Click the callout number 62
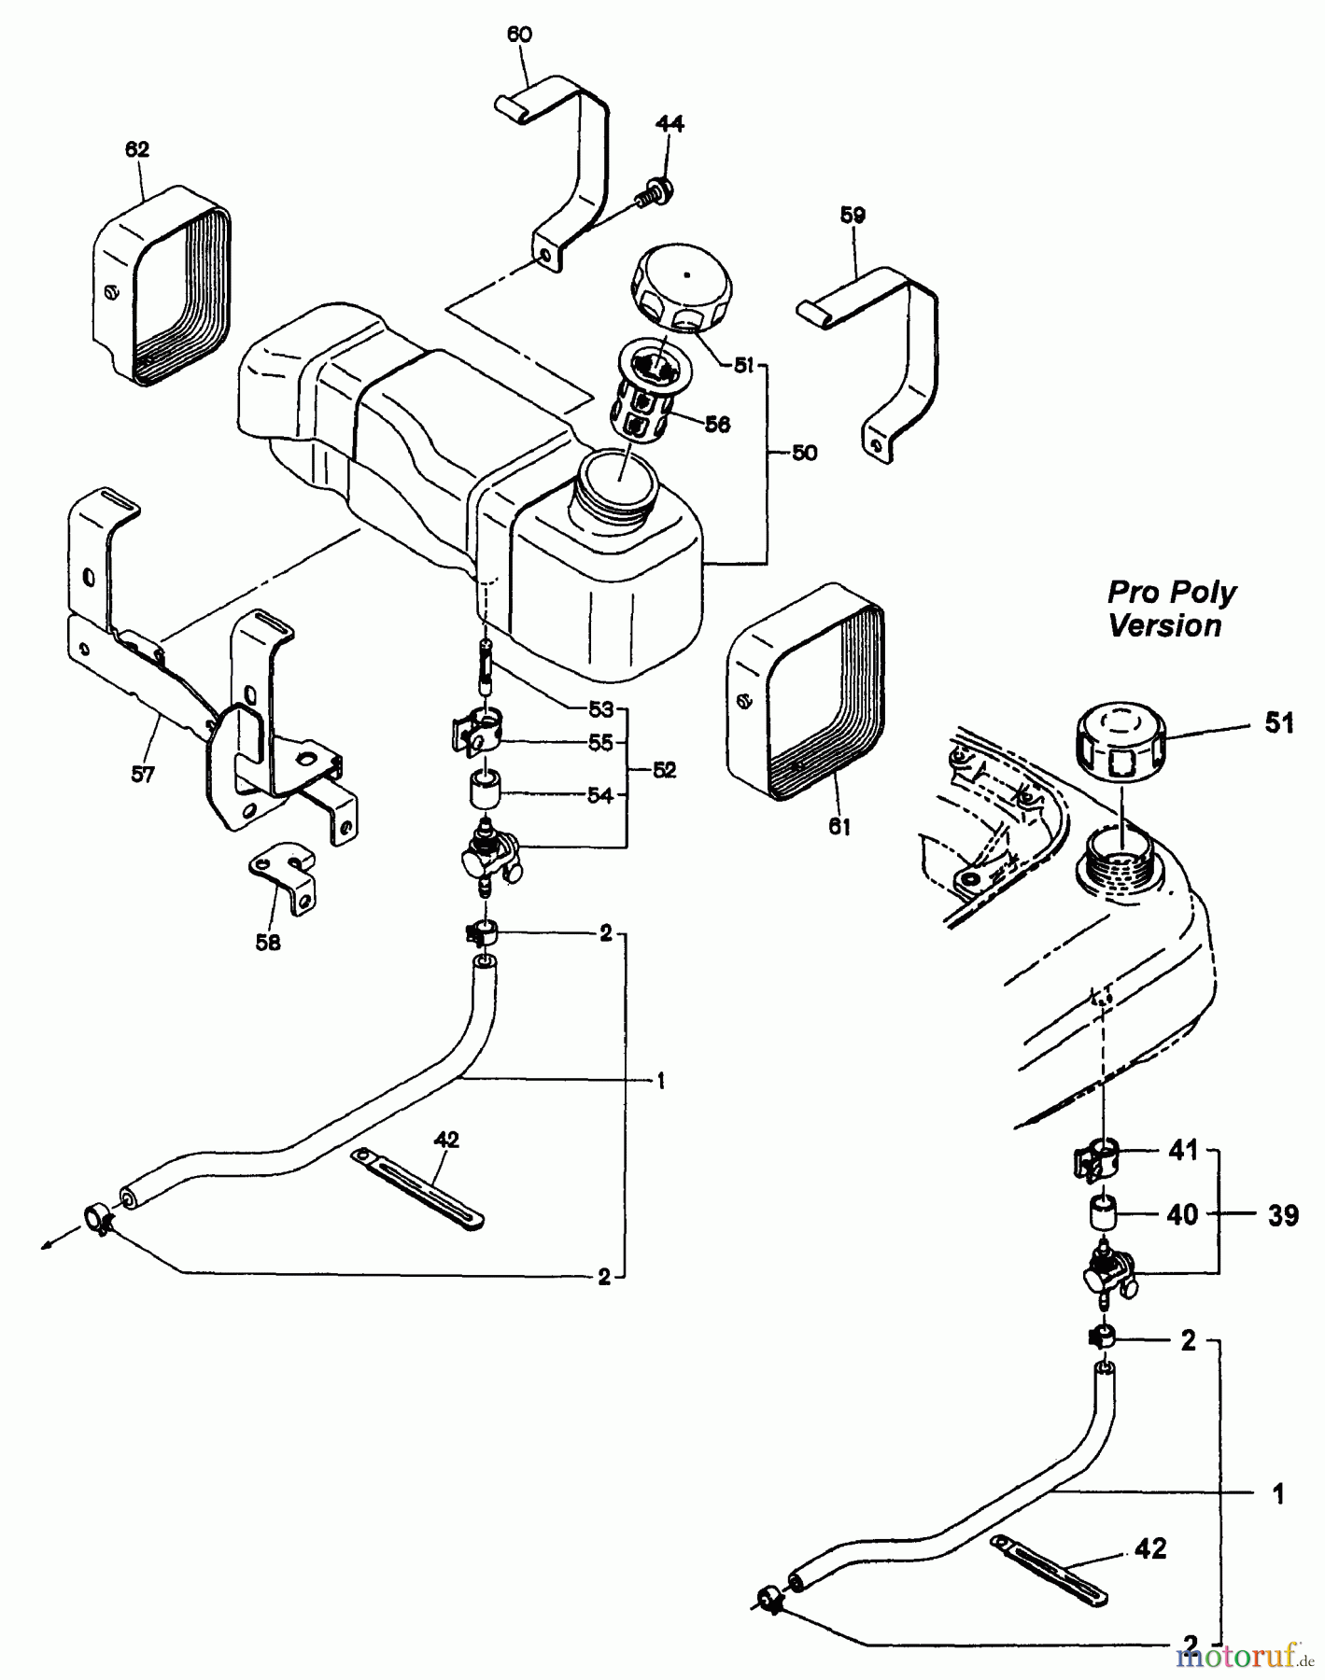pos(137,149)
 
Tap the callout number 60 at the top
pos(519,35)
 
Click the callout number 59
pos(853,216)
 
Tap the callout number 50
pos(804,453)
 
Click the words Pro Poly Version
pos(1170,609)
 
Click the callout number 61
pos(839,826)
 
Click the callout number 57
pos(142,774)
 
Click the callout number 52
pos(665,771)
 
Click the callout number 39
pos(1283,1215)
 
